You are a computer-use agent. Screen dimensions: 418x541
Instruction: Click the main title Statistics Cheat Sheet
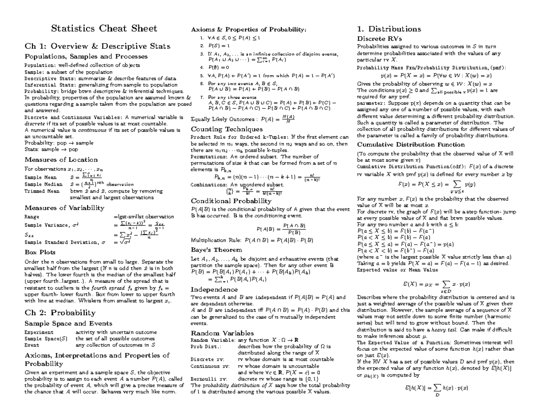104,29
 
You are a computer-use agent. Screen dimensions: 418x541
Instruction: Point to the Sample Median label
40,184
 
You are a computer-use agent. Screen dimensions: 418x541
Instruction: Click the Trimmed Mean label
40,191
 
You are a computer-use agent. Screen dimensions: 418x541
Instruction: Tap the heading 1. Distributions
389,29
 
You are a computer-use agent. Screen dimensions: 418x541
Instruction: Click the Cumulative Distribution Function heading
411,145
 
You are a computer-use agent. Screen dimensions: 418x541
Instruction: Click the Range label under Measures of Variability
29,217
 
